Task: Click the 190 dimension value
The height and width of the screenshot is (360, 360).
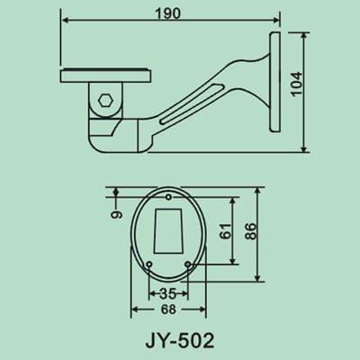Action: click(x=166, y=15)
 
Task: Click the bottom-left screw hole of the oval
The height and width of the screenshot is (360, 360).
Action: click(x=148, y=263)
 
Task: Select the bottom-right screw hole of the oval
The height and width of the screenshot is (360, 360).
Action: click(x=186, y=263)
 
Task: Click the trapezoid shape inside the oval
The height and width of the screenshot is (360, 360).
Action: click(x=167, y=230)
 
